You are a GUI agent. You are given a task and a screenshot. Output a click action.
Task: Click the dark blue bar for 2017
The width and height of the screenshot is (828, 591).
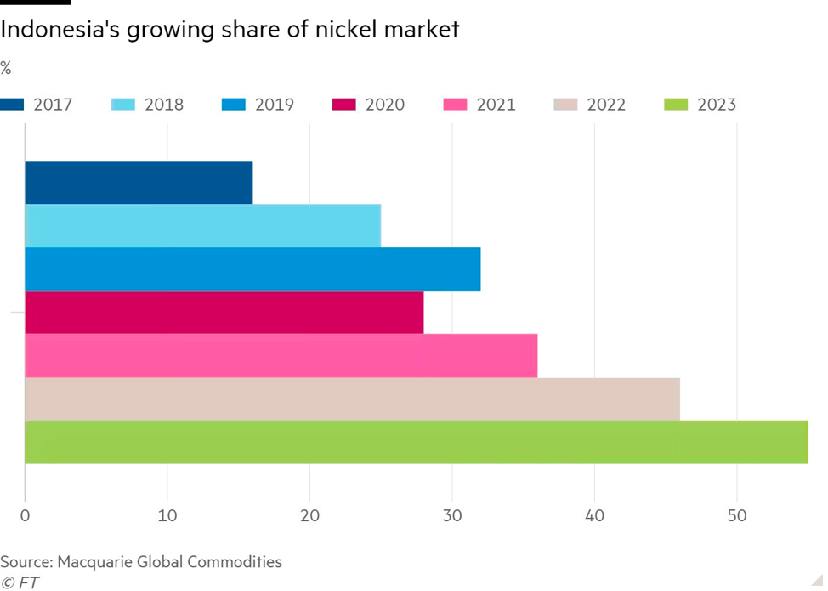click(139, 182)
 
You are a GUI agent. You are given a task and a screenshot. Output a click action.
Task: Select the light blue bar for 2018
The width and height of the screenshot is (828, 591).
click(202, 225)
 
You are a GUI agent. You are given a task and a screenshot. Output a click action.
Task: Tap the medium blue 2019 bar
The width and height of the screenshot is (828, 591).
click(252, 269)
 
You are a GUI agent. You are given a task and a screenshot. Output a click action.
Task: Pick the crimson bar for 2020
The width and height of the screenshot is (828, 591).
click(224, 312)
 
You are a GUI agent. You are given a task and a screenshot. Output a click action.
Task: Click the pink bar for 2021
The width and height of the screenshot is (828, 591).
click(281, 355)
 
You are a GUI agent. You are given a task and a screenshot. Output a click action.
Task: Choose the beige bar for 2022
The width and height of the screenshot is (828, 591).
click(352, 399)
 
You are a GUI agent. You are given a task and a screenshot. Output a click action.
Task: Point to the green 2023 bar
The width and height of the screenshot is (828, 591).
click(416, 442)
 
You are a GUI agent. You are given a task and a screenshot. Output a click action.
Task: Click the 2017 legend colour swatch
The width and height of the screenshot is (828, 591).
click(12, 105)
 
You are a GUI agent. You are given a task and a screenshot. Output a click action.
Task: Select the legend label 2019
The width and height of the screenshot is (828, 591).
click(274, 105)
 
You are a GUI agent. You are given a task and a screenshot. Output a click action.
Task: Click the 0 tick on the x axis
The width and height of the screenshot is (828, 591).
click(26, 515)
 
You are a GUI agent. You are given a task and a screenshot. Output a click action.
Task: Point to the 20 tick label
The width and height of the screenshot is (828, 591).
click(310, 515)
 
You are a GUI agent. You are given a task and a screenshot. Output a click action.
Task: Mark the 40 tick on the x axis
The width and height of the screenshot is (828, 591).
click(594, 515)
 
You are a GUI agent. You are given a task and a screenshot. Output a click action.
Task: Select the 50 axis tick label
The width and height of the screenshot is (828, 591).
click(737, 515)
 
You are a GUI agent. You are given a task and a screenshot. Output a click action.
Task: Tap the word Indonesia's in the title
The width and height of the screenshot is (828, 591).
click(60, 31)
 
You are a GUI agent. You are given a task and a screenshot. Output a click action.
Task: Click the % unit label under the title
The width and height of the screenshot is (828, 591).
click(6, 68)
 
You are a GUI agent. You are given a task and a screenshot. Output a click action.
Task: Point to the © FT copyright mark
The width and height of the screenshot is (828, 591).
click(20, 582)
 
